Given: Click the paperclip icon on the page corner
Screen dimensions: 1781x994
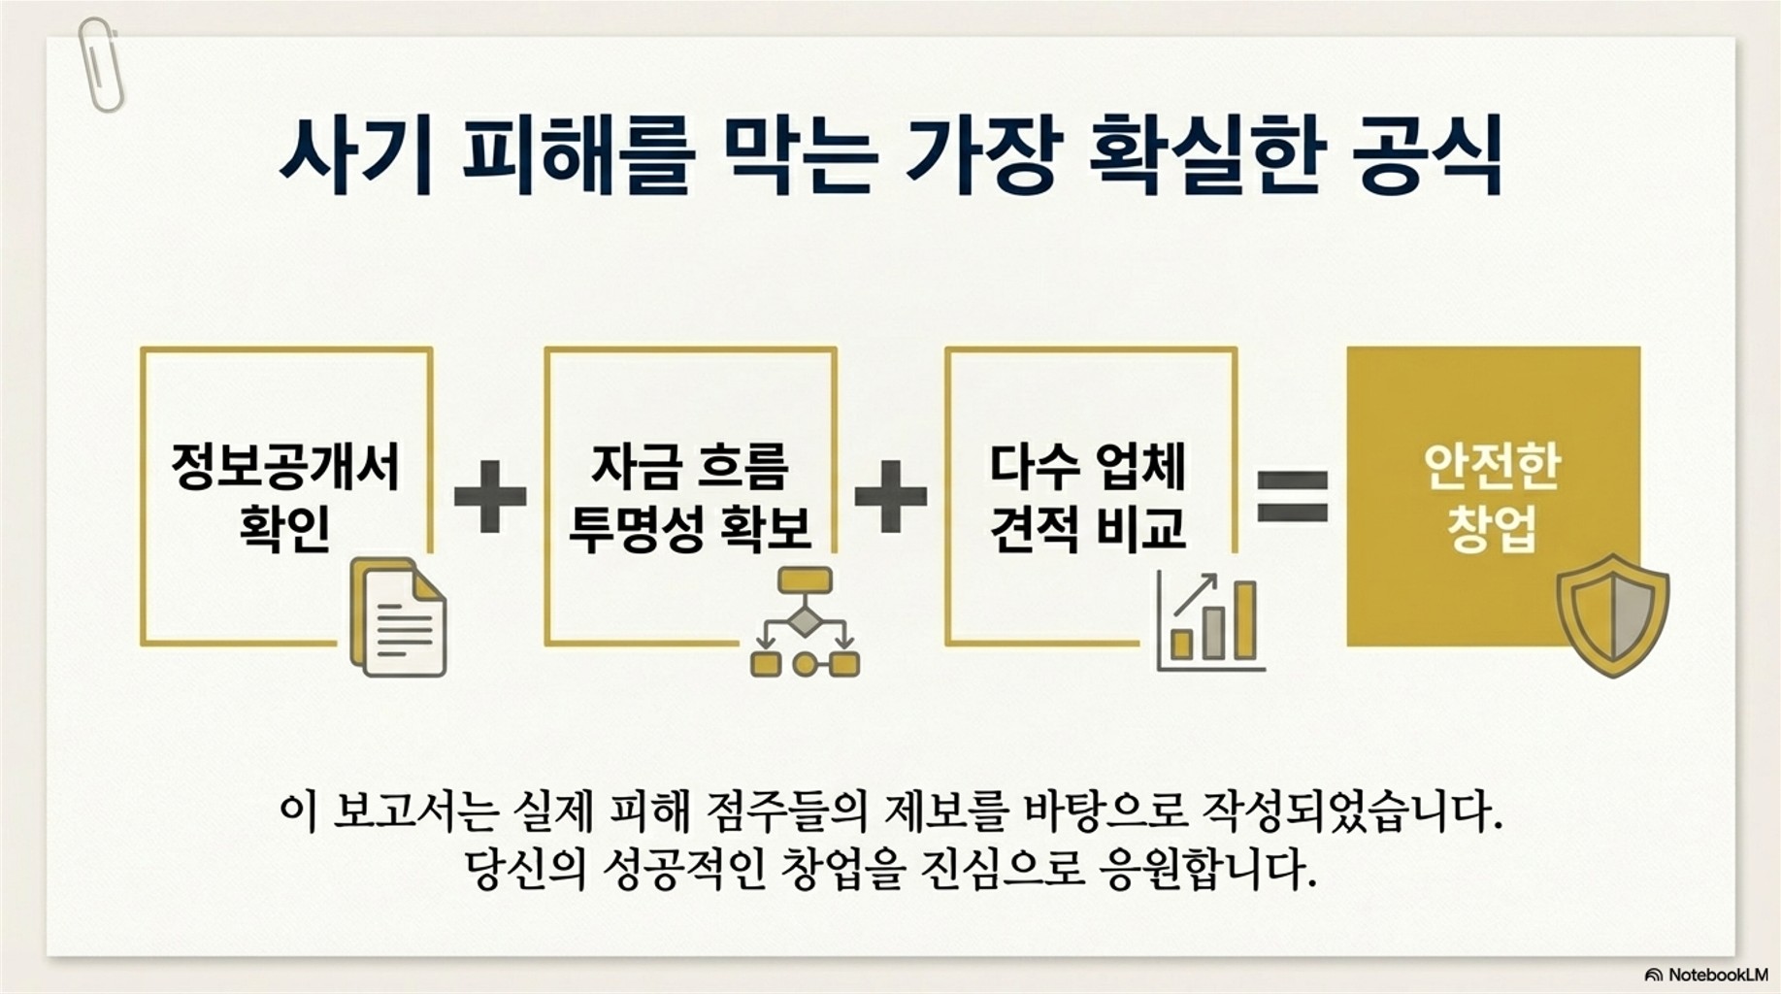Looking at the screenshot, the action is point(100,64).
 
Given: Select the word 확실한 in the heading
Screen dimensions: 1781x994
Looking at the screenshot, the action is point(1206,155).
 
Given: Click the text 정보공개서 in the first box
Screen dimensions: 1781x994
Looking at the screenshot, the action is point(285,467).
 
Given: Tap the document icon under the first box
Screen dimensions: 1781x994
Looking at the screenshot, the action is point(399,617).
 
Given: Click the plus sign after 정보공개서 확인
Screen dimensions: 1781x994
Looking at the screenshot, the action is point(490,496).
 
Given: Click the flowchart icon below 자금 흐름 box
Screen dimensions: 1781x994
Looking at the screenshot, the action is point(805,621).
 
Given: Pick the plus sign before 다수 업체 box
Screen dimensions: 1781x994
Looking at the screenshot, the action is point(890,496).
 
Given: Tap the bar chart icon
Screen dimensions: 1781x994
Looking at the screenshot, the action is point(1210,621).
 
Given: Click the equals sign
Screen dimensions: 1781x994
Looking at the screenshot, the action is point(1292,496).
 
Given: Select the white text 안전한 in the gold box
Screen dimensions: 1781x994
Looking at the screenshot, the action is point(1492,467).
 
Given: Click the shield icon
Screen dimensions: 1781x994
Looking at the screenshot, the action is point(1612,615).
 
